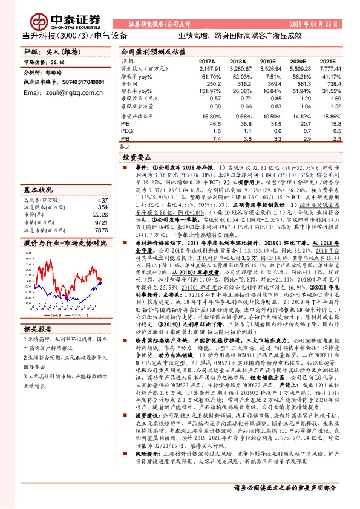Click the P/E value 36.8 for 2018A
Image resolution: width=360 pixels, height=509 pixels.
tap(240, 123)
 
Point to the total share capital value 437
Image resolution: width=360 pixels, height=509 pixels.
tap(103, 200)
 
